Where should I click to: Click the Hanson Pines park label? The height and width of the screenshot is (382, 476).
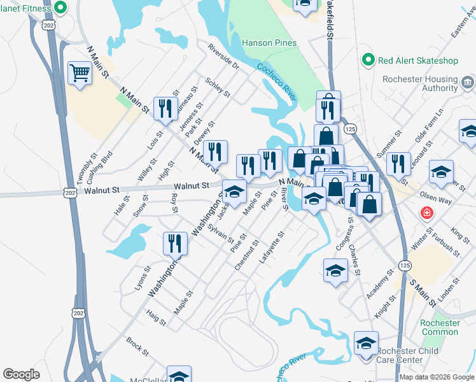(x=269, y=43)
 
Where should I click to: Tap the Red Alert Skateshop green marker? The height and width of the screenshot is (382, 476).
(x=368, y=60)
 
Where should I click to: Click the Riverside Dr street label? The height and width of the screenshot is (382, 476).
(x=222, y=56)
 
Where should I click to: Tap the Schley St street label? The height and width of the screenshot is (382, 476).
(x=218, y=88)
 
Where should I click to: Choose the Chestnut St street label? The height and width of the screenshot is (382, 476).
(x=247, y=255)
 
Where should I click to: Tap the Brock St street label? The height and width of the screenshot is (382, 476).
(x=137, y=346)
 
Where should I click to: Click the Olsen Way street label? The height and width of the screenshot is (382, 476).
(x=435, y=199)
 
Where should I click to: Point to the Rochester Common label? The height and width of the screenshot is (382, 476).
(x=440, y=327)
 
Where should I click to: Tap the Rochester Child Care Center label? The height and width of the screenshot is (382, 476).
(x=407, y=355)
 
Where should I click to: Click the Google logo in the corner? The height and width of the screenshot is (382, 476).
(x=21, y=374)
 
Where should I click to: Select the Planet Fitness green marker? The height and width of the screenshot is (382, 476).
(x=60, y=8)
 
